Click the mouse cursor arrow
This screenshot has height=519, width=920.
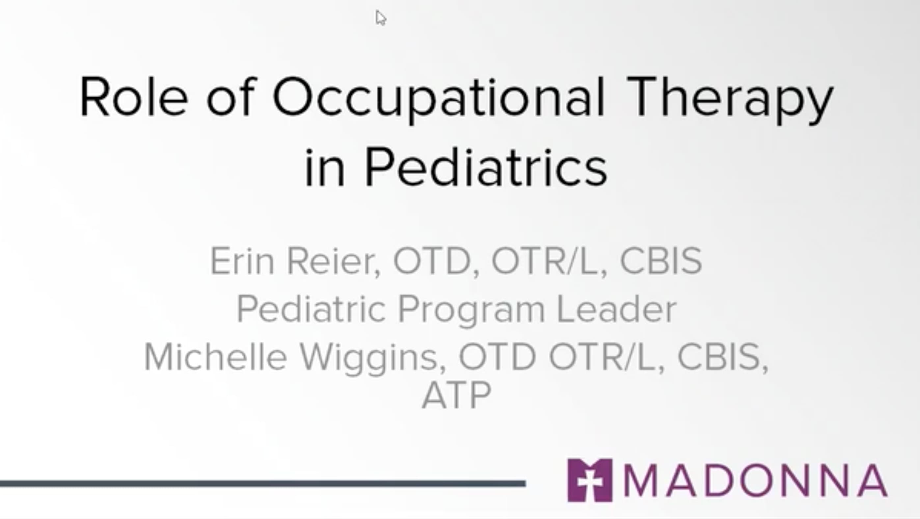pos(380,18)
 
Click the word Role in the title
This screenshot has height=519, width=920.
pos(133,96)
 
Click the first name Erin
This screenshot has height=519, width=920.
pos(242,261)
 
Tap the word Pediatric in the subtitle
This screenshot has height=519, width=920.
pos(311,309)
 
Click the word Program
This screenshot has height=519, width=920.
pos(471,309)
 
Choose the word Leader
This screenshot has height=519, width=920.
pos(616,309)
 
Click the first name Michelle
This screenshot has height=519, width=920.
pos(215,357)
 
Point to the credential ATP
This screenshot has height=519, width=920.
pos(456,395)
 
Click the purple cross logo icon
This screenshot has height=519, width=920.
pos(590,480)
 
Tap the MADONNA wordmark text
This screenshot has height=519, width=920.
pos(755,480)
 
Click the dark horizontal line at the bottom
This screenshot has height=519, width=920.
pos(262,484)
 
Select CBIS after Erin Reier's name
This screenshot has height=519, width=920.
pos(661,261)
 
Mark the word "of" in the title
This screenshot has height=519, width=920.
pos(231,96)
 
